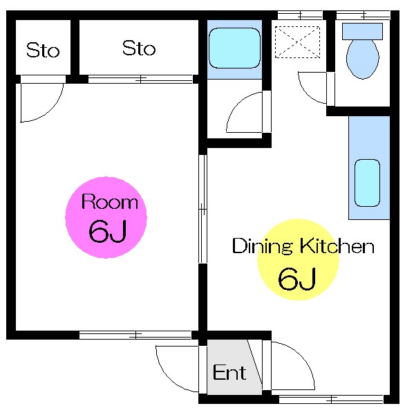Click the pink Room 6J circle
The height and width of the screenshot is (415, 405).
pyautogui.click(x=106, y=218)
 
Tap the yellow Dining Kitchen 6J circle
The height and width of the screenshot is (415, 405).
pyautogui.click(x=297, y=259)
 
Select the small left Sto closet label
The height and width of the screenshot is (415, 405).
pyautogui.click(x=43, y=50)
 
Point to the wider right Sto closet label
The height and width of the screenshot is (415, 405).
pyautogui.click(x=139, y=48)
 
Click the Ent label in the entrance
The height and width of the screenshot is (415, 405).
pyautogui.click(x=229, y=373)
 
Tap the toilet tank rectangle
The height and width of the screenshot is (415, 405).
pyautogui.click(x=362, y=31)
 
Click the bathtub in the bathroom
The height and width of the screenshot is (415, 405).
pyautogui.click(x=234, y=48)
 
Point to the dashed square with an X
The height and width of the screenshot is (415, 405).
pyautogui.click(x=297, y=40)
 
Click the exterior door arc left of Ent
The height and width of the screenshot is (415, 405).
pyautogui.click(x=176, y=367)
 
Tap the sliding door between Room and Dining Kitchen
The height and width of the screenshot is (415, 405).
pyautogui.click(x=202, y=207)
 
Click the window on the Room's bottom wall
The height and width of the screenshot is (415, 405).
pyautogui.click(x=135, y=335)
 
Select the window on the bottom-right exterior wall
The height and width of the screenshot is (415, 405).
pyautogui.click(x=330, y=399)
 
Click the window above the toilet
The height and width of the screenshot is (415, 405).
pyautogui.click(x=362, y=14)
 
